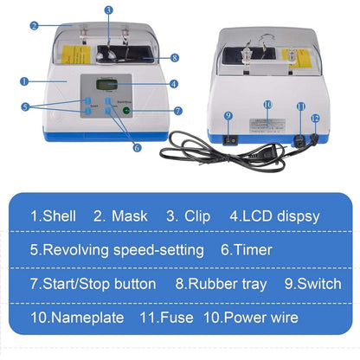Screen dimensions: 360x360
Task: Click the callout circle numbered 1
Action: [23, 81]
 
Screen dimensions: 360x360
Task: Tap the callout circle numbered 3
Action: [108, 10]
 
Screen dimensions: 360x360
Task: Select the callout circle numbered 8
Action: [175, 59]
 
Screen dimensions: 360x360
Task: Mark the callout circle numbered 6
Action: [137, 148]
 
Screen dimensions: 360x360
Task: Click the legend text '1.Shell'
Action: [55, 216]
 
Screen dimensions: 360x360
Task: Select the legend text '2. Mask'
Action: [120, 216]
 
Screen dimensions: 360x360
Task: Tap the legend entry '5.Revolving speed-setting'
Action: [117, 250]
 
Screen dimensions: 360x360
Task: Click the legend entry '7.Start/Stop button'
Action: [93, 284]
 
